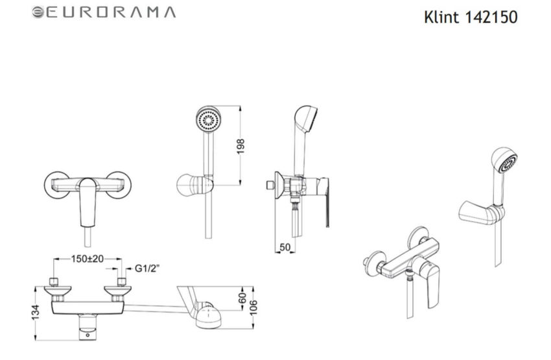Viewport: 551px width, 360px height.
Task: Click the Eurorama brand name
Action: [x=111, y=12]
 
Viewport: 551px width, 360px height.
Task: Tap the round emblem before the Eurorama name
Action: [x=38, y=12]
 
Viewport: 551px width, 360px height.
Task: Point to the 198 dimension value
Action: [x=240, y=146]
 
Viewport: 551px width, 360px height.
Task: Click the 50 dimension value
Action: [x=285, y=247]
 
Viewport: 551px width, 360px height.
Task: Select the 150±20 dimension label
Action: [x=88, y=259]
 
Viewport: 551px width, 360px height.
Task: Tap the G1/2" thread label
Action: [x=147, y=269]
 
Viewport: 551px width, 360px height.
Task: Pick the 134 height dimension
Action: [x=36, y=312]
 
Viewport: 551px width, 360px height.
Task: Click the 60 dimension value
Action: [x=242, y=298]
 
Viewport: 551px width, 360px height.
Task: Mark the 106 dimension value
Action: [x=253, y=307]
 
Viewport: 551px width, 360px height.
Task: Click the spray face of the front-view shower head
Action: [x=207, y=120]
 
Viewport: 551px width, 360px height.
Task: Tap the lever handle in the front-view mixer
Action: [x=88, y=202]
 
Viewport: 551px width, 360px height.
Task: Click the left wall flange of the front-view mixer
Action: [x=56, y=186]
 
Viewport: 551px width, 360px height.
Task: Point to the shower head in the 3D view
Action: [x=504, y=161]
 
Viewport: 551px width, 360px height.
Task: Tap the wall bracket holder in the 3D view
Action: [x=481, y=212]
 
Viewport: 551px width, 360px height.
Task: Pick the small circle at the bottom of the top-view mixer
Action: [x=88, y=335]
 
